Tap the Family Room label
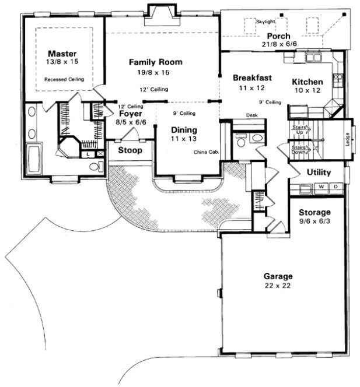point(155,62)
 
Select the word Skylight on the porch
point(265,22)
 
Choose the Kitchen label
point(308,82)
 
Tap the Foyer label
point(131,115)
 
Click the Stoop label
point(129,150)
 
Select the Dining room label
point(184,130)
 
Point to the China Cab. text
point(205,152)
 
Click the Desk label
point(252,115)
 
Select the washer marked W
point(321,187)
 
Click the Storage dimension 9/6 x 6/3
point(315,221)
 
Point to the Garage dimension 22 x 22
point(278,286)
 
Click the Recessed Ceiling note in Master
point(64,79)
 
